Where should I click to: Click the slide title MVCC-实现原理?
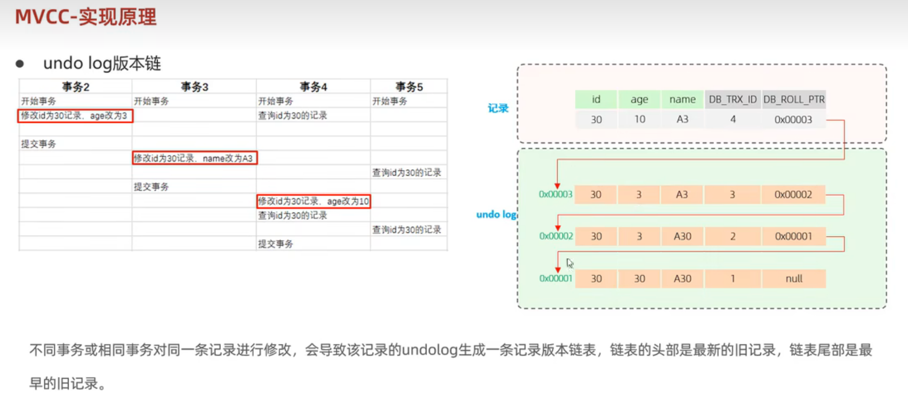pyautogui.click(x=86, y=17)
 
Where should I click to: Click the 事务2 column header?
pyautogui.click(x=76, y=87)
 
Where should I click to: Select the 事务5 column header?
pyautogui.click(x=409, y=87)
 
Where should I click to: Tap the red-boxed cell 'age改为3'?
pyautogui.click(x=75, y=116)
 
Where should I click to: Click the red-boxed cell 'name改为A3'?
pyautogui.click(x=195, y=158)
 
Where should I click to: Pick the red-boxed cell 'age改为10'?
pyautogui.click(x=313, y=201)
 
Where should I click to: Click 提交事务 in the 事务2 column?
pyautogui.click(x=39, y=144)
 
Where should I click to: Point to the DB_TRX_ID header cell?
pyautogui.click(x=732, y=100)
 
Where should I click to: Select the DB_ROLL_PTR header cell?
pyautogui.click(x=794, y=100)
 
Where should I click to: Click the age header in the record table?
pyautogui.click(x=639, y=100)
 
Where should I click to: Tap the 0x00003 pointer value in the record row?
pyautogui.click(x=793, y=119)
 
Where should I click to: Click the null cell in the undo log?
pyautogui.click(x=794, y=279)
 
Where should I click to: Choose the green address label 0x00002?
pyautogui.click(x=556, y=236)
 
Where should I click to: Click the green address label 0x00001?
pyautogui.click(x=556, y=279)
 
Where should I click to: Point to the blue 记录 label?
pyautogui.click(x=498, y=108)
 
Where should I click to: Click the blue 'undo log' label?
pyautogui.click(x=496, y=214)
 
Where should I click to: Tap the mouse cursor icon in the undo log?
pyautogui.click(x=570, y=263)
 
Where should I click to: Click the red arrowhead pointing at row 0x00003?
pyautogui.click(x=557, y=186)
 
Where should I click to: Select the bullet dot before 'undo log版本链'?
pyautogui.click(x=20, y=64)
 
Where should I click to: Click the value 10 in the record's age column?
pyautogui.click(x=639, y=119)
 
